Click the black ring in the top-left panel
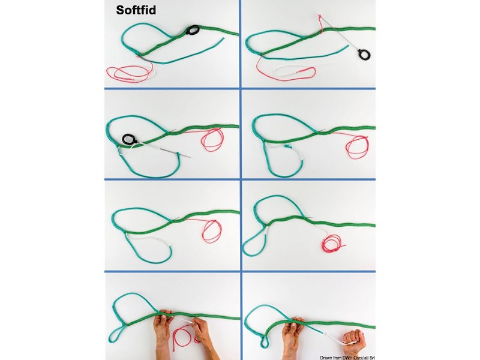point(193,31)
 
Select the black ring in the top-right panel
point(363,55)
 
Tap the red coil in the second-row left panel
point(212,140)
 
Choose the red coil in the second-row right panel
point(358,145)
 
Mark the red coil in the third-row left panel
point(211,231)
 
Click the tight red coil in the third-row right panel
point(331,243)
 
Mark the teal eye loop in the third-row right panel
point(253,244)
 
